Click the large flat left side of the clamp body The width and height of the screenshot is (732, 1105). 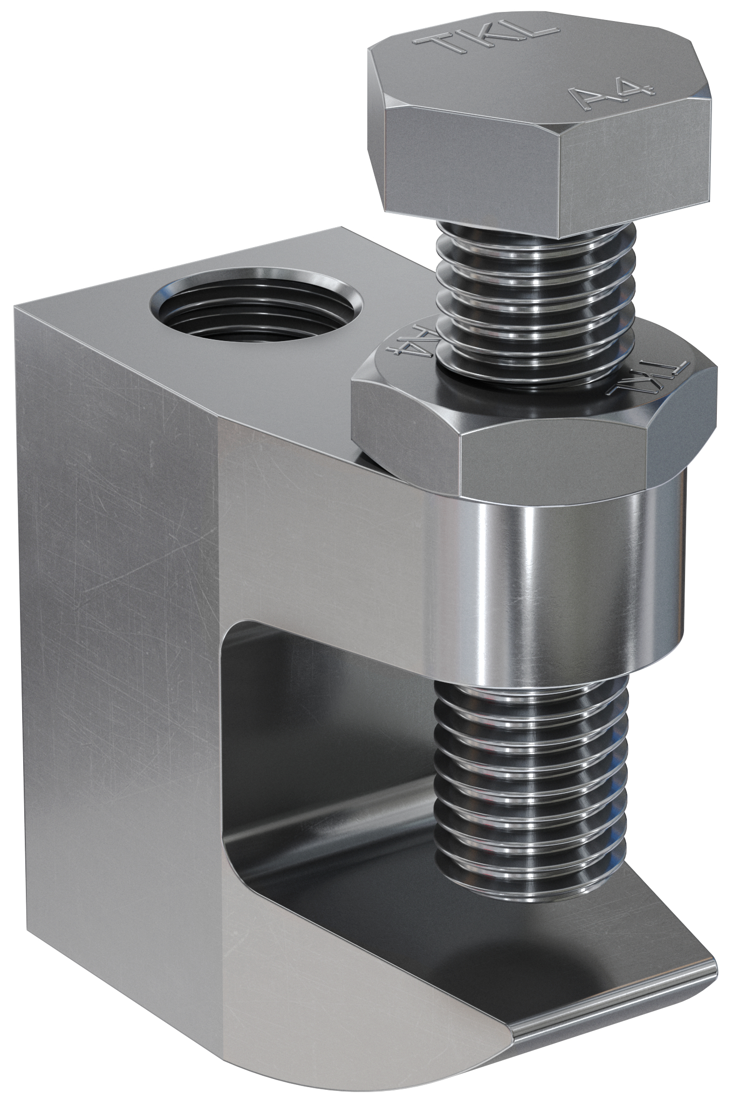[x=113, y=620]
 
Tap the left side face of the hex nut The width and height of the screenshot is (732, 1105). [x=405, y=432]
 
